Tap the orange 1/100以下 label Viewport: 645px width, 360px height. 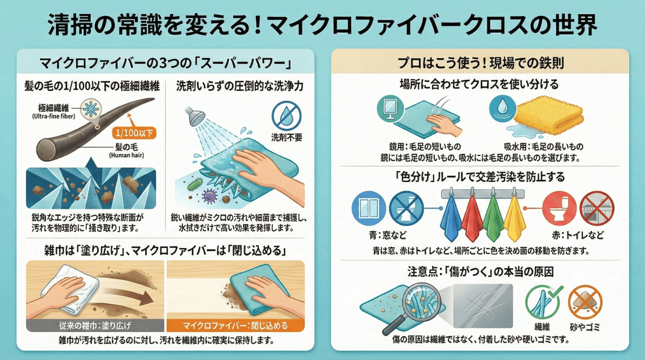[134, 133]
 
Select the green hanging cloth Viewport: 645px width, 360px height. [493, 219]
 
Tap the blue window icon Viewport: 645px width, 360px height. [369, 208]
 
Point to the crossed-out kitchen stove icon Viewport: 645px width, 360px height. [597, 208]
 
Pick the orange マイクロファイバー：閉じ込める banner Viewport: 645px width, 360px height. [235, 325]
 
